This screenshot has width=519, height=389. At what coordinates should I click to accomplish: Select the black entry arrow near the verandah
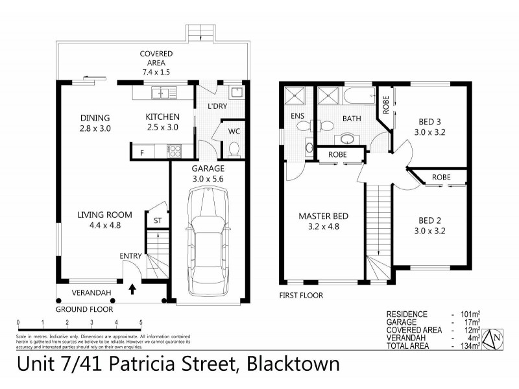coord(132,289)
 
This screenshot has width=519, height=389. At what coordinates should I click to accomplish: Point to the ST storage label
coord(157,221)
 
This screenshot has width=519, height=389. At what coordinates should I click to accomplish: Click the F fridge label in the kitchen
coord(141,153)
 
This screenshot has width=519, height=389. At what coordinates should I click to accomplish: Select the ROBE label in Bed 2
coord(442,176)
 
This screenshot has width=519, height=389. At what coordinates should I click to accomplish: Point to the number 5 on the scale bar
coord(140,322)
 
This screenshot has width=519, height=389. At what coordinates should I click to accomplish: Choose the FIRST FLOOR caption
coord(302,295)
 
